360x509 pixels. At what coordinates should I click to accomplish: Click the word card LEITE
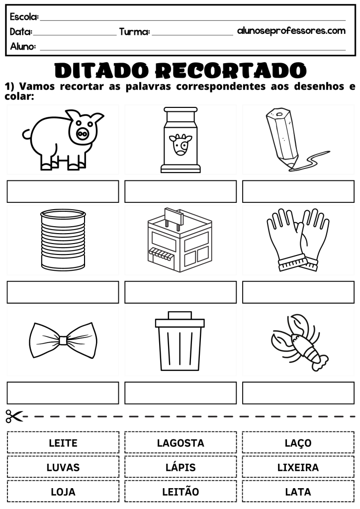[63, 442]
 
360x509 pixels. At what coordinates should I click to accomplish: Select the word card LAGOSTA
[180, 442]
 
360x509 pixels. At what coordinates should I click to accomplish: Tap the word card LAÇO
[298, 442]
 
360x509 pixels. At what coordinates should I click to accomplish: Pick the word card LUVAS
[63, 467]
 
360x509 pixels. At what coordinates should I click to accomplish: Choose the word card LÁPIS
[180, 467]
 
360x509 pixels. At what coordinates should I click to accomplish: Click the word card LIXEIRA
[298, 467]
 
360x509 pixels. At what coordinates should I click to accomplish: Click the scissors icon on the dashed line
[14, 416]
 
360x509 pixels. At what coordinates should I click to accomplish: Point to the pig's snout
[82, 133]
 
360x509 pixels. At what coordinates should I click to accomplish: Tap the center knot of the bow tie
[63, 341]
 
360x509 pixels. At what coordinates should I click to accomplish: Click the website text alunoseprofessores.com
[291, 31]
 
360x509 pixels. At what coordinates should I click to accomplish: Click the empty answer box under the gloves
[298, 292]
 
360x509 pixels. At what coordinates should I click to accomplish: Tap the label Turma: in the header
[134, 32]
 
